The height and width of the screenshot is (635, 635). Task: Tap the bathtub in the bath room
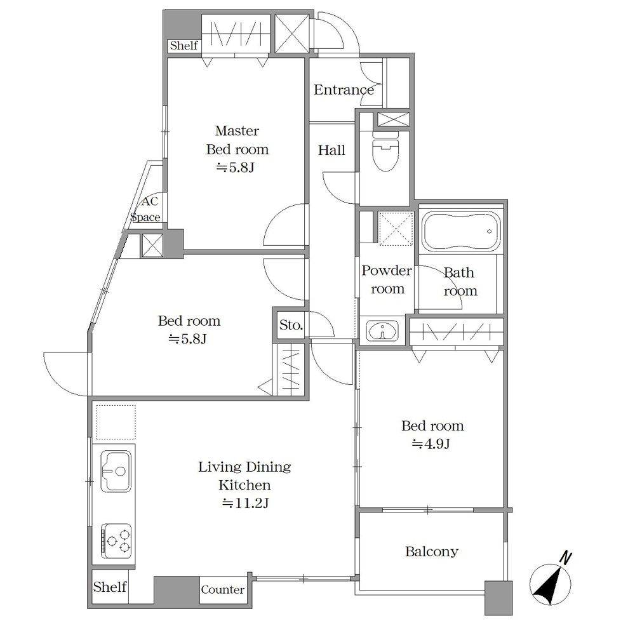(x=461, y=232)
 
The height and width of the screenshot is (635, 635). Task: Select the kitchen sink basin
(x=116, y=471)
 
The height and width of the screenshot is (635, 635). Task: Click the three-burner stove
(x=116, y=540)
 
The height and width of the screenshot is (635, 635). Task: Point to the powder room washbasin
(x=382, y=330)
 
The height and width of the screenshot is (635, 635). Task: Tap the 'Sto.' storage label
(x=291, y=324)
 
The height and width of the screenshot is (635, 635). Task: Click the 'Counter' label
(x=223, y=590)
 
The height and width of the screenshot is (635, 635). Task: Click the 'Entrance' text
(x=344, y=90)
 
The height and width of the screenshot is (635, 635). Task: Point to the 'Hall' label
(x=331, y=150)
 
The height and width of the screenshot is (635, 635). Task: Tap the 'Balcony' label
(x=432, y=552)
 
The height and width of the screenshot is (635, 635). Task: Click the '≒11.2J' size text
(x=245, y=504)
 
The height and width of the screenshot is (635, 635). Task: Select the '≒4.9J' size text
(x=431, y=444)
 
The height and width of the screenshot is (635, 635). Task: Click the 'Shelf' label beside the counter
(x=110, y=587)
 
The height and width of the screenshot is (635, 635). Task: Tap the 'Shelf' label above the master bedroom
(x=184, y=45)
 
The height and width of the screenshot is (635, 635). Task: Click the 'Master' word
(x=237, y=131)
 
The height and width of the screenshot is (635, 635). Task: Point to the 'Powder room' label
(x=387, y=279)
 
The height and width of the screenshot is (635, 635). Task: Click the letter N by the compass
(x=566, y=558)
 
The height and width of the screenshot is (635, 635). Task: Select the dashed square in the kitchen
(x=116, y=422)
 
